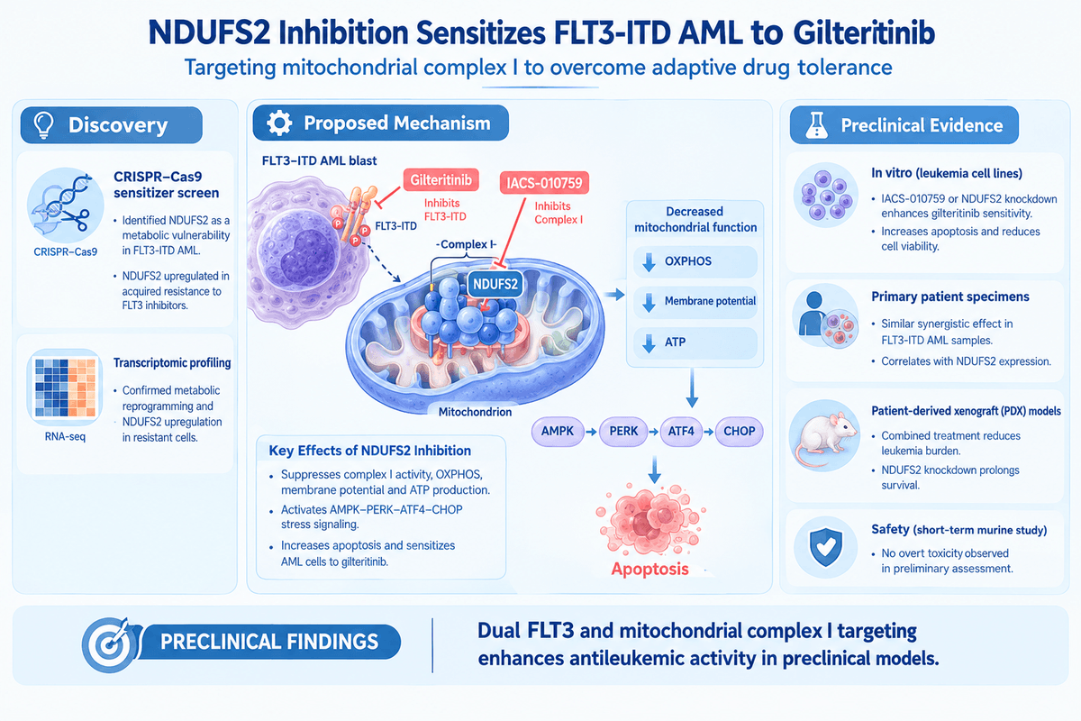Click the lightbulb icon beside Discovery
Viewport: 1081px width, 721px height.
[x=43, y=125]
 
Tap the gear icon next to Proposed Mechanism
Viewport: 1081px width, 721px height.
[x=279, y=123]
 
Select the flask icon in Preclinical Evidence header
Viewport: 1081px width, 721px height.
[x=816, y=125]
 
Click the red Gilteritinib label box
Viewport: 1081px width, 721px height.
[x=441, y=180]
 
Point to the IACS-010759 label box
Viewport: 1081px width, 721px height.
[x=544, y=183]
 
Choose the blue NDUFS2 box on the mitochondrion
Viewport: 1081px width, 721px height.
[x=495, y=284]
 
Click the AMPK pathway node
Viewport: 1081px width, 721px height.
[x=558, y=431]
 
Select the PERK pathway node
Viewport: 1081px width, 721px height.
[x=623, y=431]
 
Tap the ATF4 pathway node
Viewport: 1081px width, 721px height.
[x=681, y=431]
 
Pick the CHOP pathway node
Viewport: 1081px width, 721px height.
[x=740, y=431]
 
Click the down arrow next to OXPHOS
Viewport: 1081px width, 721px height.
[x=650, y=261]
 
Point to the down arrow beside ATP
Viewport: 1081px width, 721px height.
[x=650, y=342]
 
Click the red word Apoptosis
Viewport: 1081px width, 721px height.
[x=650, y=569]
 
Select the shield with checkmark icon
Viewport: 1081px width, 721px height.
[x=826, y=547]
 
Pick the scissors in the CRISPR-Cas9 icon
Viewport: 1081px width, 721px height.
[x=76, y=218]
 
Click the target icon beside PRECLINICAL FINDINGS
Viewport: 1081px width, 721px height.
[x=109, y=644]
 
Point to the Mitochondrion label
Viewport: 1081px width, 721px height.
[x=475, y=412]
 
